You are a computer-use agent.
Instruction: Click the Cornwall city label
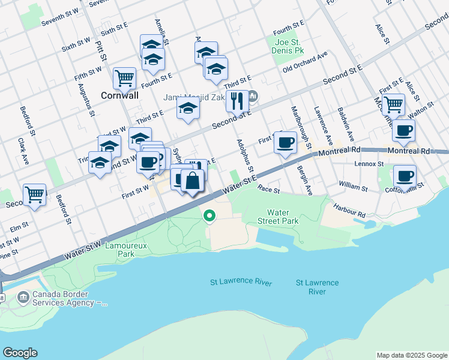pyautogui.click(x=119, y=95)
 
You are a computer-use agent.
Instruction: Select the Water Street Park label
pyautogui.click(x=282, y=217)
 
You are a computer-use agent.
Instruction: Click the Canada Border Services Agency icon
pyautogui.click(x=23, y=297)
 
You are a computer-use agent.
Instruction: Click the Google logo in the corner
pyautogui.click(x=20, y=353)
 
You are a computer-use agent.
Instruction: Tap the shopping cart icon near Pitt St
pyautogui.click(x=124, y=77)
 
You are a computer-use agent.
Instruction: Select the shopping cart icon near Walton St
pyautogui.click(x=393, y=104)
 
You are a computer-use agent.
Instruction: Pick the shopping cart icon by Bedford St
pyautogui.click(x=35, y=194)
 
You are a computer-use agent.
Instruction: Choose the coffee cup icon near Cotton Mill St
pyautogui.click(x=405, y=176)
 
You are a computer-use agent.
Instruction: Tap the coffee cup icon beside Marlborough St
pyautogui.click(x=285, y=143)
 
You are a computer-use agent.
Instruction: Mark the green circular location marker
pyautogui.click(x=209, y=215)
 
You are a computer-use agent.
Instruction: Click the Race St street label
pyautogui.click(x=268, y=190)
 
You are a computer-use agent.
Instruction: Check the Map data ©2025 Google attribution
pyautogui.click(x=411, y=355)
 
